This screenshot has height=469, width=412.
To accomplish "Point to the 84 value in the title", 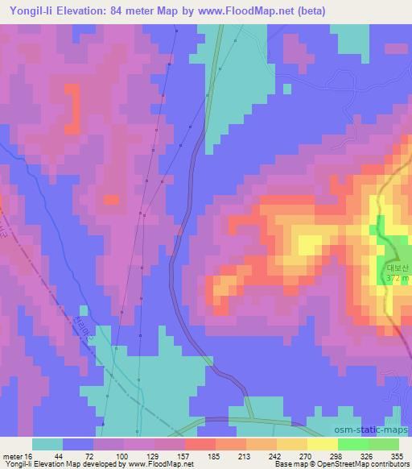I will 146,10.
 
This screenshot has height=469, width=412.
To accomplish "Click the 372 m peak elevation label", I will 397,278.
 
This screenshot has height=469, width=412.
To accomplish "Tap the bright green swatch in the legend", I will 352,444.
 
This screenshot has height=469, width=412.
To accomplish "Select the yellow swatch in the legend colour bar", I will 322,444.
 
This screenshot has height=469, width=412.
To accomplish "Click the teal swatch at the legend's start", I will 47,444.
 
